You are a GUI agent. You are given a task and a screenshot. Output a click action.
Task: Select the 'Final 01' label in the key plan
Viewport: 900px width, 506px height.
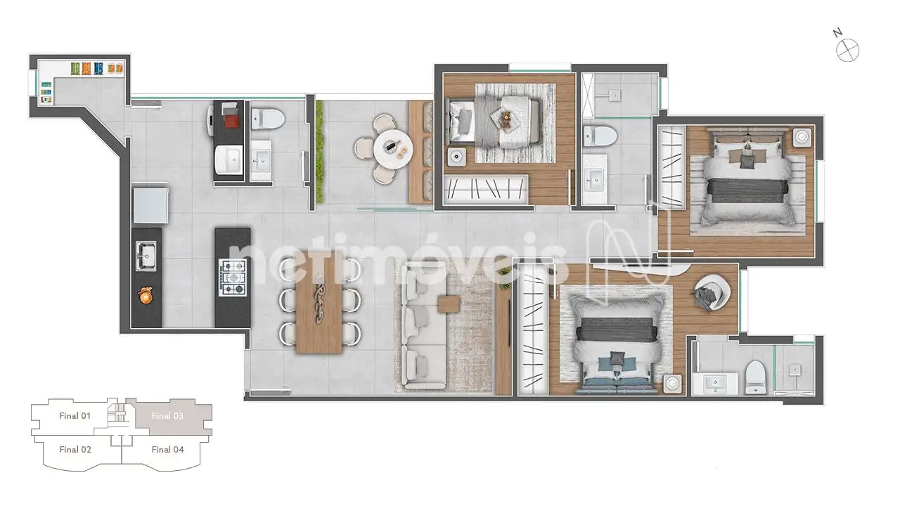click(x=75, y=415)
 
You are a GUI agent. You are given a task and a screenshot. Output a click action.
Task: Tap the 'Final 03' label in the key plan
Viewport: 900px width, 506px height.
click(x=167, y=415)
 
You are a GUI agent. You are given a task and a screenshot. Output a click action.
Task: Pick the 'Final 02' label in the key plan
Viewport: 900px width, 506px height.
click(x=75, y=449)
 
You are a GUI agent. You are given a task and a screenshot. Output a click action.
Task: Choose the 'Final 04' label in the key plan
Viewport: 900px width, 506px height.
click(x=167, y=449)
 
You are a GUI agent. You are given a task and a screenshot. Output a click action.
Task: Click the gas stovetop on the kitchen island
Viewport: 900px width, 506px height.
click(x=232, y=277)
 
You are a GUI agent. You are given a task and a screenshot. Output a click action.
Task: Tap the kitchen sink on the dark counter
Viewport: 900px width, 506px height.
click(x=146, y=255)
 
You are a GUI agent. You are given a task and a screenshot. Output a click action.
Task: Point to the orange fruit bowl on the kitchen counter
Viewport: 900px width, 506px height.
click(x=145, y=296)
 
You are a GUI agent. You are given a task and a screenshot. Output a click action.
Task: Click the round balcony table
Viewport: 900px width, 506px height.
click(x=392, y=150)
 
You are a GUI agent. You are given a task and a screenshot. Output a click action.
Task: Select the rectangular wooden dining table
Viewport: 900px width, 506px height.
click(x=319, y=302)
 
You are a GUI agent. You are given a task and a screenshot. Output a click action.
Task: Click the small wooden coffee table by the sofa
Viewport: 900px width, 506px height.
click(x=449, y=304)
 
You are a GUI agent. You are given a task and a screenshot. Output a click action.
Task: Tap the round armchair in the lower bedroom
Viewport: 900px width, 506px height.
click(x=712, y=292)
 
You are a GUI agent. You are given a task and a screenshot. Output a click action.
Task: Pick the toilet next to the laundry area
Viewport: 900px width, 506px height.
click(x=268, y=119)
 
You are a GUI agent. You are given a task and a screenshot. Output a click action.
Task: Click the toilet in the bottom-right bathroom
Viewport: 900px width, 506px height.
click(x=755, y=377)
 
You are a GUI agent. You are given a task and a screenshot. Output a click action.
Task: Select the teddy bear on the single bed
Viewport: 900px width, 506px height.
click(x=506, y=119)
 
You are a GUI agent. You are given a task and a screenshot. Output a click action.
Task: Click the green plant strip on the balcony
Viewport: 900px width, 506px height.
click(x=319, y=151)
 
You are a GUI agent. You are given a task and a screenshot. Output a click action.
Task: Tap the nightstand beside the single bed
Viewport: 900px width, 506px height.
click(x=457, y=157)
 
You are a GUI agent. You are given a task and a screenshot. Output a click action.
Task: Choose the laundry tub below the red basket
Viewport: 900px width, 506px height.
click(x=229, y=160)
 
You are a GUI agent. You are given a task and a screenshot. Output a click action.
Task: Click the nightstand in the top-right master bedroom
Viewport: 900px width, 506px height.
click(x=802, y=137)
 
